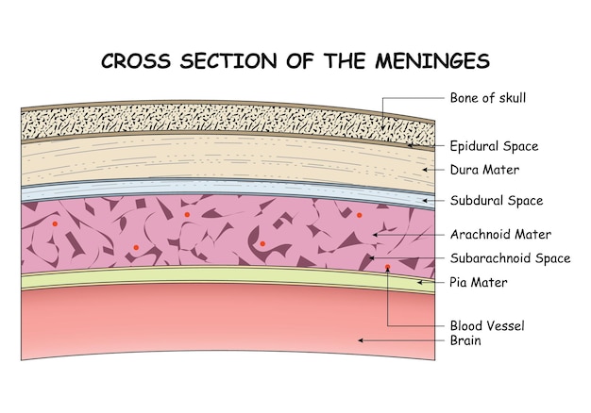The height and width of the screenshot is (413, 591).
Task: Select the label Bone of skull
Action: click(488, 97)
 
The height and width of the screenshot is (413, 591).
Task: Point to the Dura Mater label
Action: click(484, 170)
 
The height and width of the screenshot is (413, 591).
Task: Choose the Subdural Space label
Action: click(497, 201)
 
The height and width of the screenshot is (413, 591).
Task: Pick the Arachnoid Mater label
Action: click(500, 234)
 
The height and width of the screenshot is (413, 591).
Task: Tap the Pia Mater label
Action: click(479, 282)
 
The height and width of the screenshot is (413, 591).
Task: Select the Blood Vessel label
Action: click(487, 325)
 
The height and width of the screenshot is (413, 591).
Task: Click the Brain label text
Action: click(465, 340)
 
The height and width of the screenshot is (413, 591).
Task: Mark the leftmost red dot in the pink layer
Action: click(56, 224)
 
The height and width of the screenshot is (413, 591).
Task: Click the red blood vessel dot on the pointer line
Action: click(388, 268)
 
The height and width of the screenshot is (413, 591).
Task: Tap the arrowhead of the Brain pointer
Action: click(359, 339)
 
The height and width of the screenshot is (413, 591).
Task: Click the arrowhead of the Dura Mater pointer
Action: click(422, 170)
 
